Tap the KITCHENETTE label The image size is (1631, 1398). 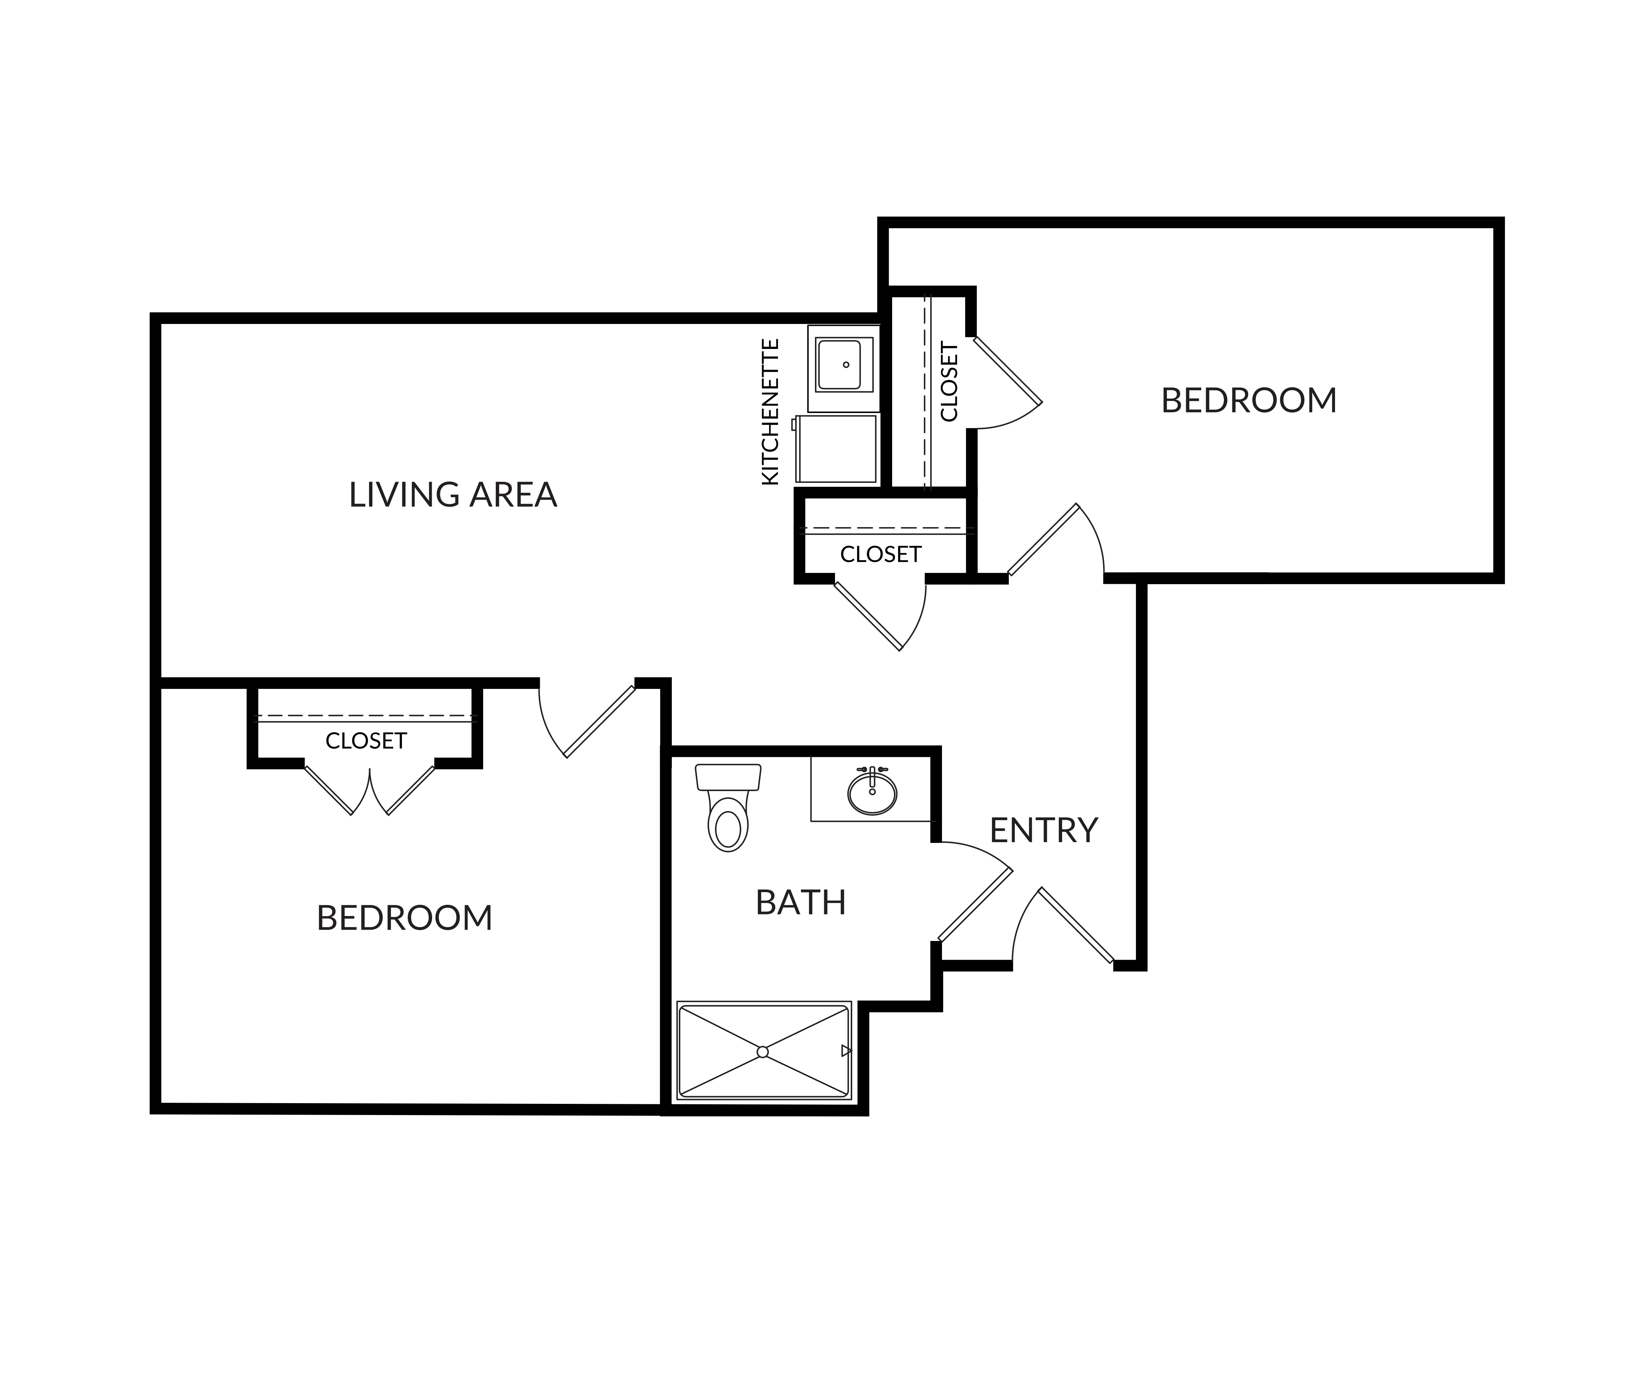(771, 412)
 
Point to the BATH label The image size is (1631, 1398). (800, 903)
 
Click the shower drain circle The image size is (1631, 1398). (762, 1052)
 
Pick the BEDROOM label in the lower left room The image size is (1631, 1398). (404, 918)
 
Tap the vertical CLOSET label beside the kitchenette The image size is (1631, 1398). (949, 382)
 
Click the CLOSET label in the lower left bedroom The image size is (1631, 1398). (366, 741)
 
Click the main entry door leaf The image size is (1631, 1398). (1076, 925)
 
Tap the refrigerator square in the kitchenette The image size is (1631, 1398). (836, 449)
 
